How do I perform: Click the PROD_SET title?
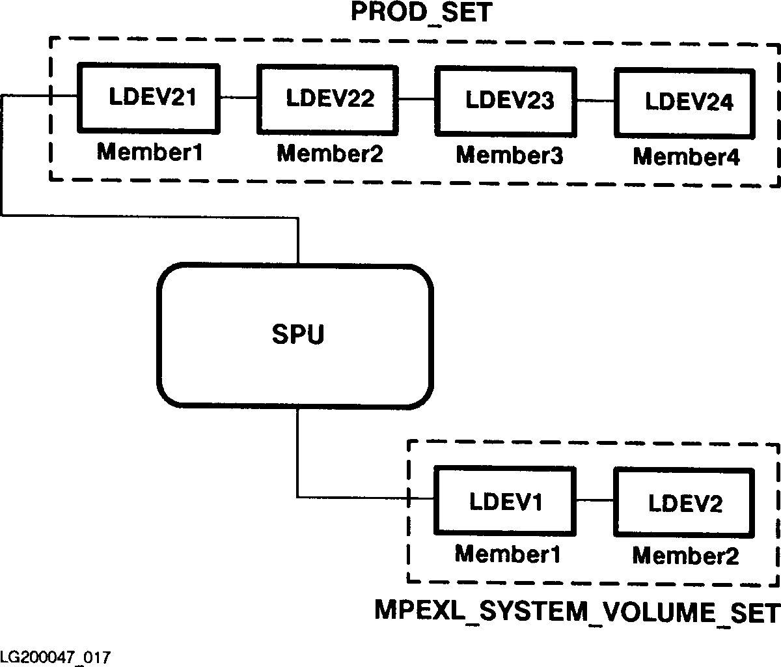coord(421,13)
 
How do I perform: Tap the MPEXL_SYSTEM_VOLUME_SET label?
coord(577,612)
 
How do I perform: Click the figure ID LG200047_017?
coord(55,655)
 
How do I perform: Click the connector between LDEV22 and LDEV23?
coord(417,99)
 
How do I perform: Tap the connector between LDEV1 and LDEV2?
coord(595,500)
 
